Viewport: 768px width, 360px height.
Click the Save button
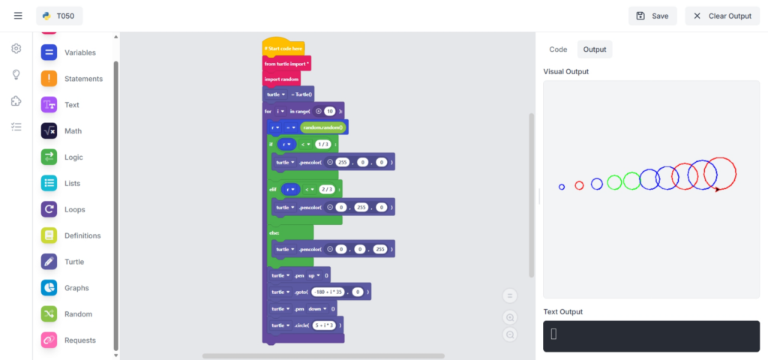[x=652, y=16]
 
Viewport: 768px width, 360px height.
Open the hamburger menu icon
[x=18, y=16]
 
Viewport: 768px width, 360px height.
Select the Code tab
[x=558, y=49]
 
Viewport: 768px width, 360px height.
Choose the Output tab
[x=595, y=49]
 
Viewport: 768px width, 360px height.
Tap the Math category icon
[x=49, y=131]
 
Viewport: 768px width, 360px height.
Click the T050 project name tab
[x=59, y=16]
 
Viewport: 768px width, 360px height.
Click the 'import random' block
[x=281, y=79]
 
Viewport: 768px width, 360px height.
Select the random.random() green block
[x=322, y=127]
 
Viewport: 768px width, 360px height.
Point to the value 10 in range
[x=329, y=111]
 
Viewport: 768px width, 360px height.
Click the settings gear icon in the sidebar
[x=16, y=49]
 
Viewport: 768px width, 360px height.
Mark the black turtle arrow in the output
[x=717, y=190]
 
